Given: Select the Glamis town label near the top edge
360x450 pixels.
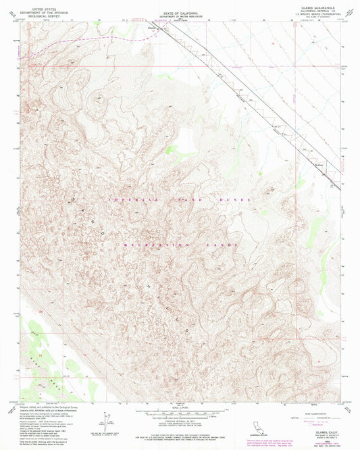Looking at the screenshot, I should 153,28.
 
